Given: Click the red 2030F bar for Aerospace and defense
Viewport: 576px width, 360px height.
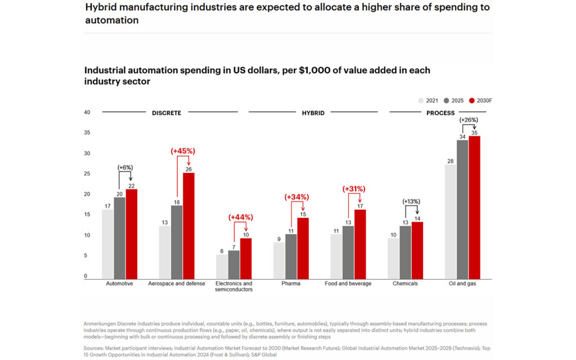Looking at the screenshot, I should pyautogui.click(x=188, y=225).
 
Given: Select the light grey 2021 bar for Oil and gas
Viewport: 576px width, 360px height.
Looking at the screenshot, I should pyautogui.click(x=451, y=222).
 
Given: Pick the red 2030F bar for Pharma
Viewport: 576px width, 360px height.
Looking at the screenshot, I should pyautogui.click(x=303, y=248).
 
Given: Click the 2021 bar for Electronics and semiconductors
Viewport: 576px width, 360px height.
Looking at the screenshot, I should pyautogui.click(x=222, y=267).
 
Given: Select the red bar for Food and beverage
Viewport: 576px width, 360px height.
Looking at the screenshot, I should pyautogui.click(x=360, y=244).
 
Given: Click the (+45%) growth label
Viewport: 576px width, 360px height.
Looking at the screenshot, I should pyautogui.click(x=183, y=151).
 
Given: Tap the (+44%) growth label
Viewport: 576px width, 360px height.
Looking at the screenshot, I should pyautogui.click(x=241, y=217).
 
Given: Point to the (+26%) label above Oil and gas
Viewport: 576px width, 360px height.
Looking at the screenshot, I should pyautogui.click(x=469, y=120).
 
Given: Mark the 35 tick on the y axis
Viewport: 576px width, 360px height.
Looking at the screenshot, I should pyautogui.click(x=87, y=133).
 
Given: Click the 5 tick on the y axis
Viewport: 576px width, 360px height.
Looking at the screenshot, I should pyautogui.click(x=85, y=256).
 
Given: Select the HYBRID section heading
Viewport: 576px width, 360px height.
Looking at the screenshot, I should pyautogui.click(x=313, y=113).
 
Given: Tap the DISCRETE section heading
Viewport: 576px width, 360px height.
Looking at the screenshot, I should pyautogui.click(x=166, y=113).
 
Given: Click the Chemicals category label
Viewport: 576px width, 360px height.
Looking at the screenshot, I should pyautogui.click(x=405, y=284).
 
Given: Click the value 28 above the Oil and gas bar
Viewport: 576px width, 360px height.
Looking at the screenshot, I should pyautogui.click(x=451, y=161).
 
